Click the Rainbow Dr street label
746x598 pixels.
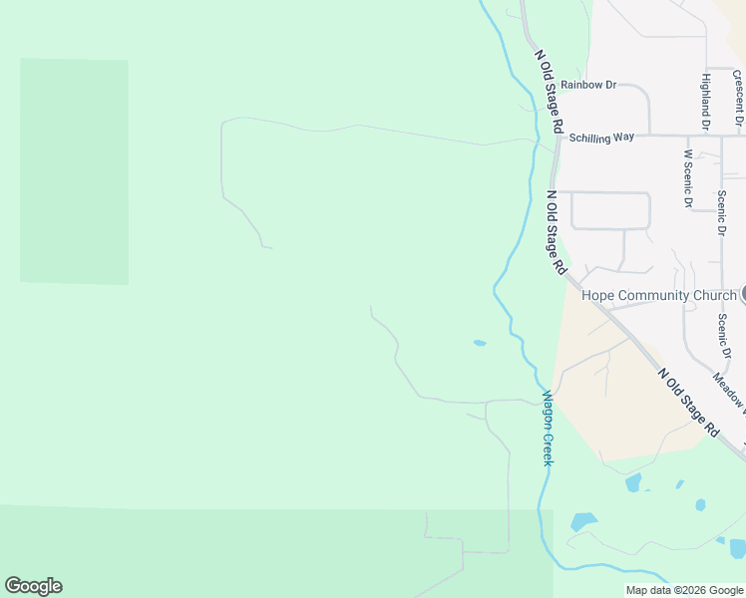[x=581, y=85]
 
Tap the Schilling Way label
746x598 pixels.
[x=601, y=138]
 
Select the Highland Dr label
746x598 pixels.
[x=705, y=102]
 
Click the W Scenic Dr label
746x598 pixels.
[x=688, y=178]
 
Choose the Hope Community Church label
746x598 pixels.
[x=658, y=296]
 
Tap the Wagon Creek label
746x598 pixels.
[x=548, y=428]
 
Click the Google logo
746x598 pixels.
[x=33, y=586]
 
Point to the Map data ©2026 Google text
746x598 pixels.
[x=685, y=590]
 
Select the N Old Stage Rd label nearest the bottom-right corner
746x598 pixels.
[x=689, y=403]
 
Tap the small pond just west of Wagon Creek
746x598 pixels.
[x=480, y=344]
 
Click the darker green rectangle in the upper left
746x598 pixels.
[x=75, y=170]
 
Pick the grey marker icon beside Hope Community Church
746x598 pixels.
[x=743, y=295]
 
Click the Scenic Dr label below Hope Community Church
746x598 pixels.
[x=725, y=338]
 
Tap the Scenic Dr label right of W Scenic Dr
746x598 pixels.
[x=721, y=212]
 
